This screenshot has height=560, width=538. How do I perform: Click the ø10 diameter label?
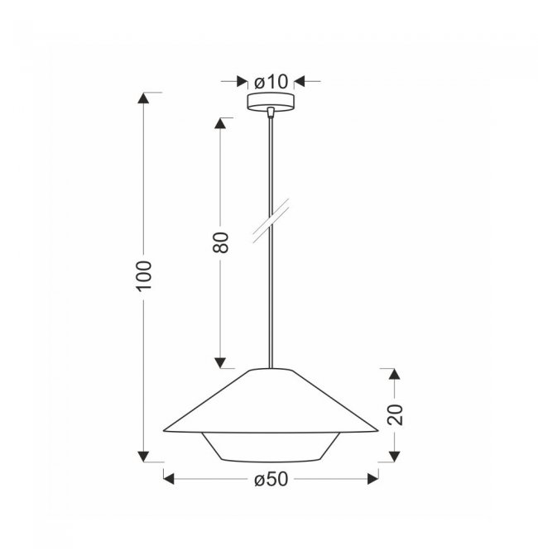pyautogui.click(x=271, y=82)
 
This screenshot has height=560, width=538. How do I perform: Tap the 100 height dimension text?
pyautogui.click(x=144, y=275)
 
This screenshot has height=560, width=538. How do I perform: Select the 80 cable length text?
pyautogui.click(x=220, y=242)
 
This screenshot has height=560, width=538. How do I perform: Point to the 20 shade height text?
pyautogui.click(x=395, y=414)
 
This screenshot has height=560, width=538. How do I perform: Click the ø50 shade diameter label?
pyautogui.click(x=271, y=479)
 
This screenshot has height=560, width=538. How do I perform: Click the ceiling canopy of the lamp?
pyautogui.click(x=271, y=102)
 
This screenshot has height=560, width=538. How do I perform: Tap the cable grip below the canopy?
pyautogui.click(x=271, y=112)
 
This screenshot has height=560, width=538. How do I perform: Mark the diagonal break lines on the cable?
pyautogui.click(x=271, y=221)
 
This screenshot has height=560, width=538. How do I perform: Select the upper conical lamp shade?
pyautogui.click(x=271, y=400)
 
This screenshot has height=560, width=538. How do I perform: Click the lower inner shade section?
pyautogui.click(x=271, y=448)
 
